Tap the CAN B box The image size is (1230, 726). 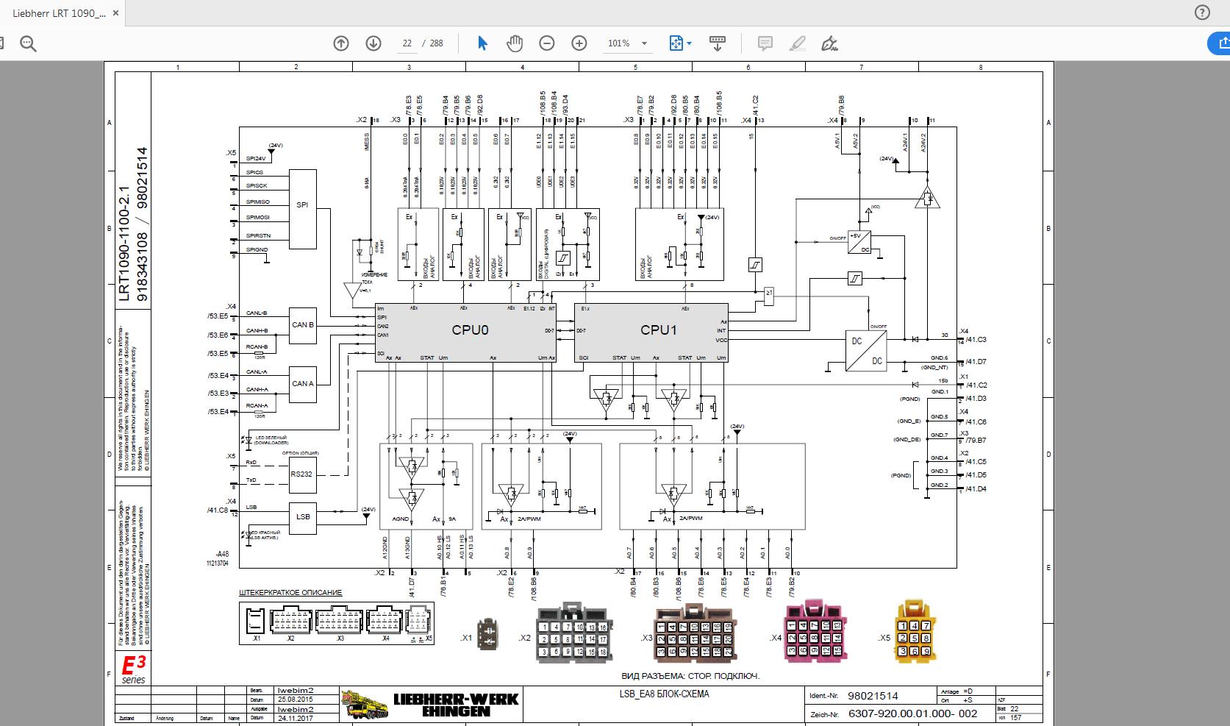[302, 324]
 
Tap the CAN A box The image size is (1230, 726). [302, 384]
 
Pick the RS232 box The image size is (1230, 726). [302, 474]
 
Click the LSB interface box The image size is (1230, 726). [302, 516]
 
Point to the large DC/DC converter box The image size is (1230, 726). [866, 351]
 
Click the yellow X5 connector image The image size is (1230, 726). [915, 632]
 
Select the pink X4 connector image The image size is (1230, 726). [811, 635]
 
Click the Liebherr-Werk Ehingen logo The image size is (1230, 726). [430, 703]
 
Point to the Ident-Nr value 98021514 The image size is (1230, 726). [873, 696]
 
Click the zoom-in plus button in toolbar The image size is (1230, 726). [579, 43]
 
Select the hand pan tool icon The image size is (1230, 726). [515, 43]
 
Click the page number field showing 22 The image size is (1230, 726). [407, 43]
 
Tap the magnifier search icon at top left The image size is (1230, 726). [28, 44]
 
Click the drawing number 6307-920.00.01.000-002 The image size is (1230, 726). [912, 713]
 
